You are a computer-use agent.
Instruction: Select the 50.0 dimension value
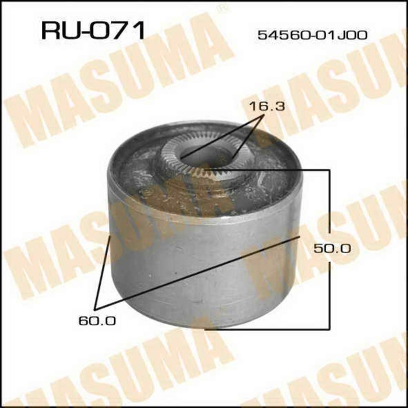tap(332, 248)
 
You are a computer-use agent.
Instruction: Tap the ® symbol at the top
tap(221, 8)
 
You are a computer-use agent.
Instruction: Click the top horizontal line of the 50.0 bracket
tap(274, 170)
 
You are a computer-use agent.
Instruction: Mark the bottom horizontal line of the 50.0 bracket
tap(268, 328)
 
